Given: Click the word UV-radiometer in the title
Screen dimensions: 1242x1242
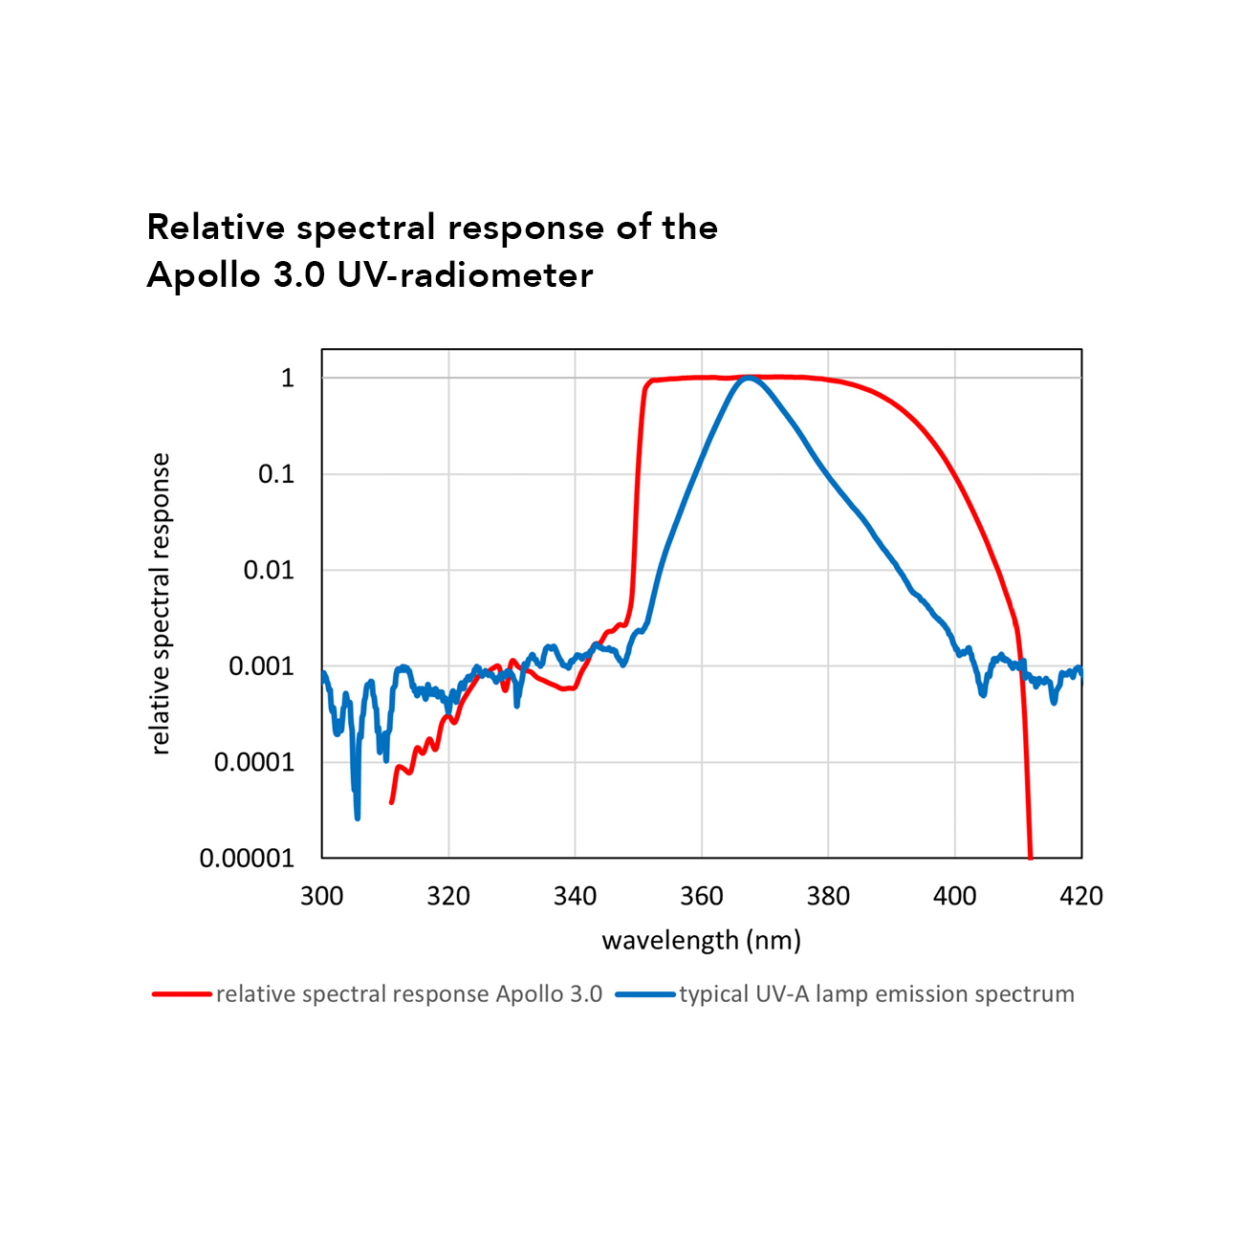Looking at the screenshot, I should (x=465, y=275).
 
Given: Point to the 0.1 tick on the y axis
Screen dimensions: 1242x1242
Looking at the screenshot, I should (x=276, y=474).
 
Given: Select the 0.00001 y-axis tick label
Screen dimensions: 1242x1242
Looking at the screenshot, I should (x=247, y=859).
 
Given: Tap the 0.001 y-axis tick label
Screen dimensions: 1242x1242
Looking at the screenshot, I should (x=261, y=666).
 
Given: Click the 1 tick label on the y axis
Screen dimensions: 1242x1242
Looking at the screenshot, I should (x=287, y=379).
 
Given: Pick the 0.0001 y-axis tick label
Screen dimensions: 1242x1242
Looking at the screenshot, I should (x=254, y=763).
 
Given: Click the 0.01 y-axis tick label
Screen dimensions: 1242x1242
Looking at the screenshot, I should (x=269, y=571).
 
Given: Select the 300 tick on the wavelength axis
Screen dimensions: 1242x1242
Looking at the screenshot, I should (x=322, y=896).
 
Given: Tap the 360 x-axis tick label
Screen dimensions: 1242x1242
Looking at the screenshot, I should (x=702, y=896).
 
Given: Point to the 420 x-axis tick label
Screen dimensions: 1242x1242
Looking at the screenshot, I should (x=1081, y=896).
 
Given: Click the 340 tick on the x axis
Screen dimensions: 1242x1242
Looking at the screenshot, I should (x=575, y=896).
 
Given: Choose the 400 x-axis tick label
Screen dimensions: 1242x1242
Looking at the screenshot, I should (x=954, y=896).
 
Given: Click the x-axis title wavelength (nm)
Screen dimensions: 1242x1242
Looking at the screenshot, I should (x=701, y=940).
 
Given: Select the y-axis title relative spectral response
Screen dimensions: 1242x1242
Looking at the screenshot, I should (x=161, y=604).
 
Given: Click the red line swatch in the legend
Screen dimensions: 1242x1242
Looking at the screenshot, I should (x=182, y=994).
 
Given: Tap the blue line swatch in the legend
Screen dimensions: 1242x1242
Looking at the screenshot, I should (x=645, y=994).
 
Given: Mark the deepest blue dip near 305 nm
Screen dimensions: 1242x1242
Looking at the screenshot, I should (x=358, y=817).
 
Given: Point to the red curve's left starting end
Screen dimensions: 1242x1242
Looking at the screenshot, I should (x=392, y=801).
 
